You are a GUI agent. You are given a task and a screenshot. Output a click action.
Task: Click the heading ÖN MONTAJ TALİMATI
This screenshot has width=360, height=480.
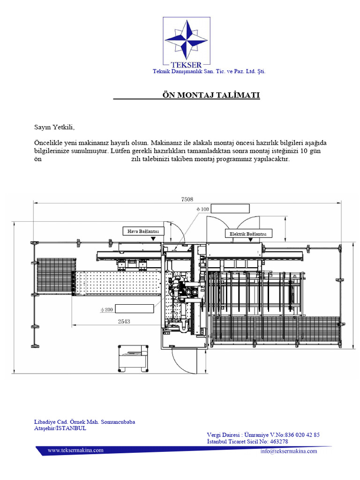click(210, 95)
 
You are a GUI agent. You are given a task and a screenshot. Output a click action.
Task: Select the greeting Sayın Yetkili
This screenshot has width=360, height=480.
click(54, 127)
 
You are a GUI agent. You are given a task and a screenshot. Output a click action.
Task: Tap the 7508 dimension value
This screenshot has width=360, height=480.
click(187, 199)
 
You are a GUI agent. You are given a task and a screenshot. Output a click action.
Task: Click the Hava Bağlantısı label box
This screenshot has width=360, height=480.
click(143, 231)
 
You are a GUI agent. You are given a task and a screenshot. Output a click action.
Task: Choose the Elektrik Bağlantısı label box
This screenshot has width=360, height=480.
click(248, 233)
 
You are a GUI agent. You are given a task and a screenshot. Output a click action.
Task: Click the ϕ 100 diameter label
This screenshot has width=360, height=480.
click(202, 209)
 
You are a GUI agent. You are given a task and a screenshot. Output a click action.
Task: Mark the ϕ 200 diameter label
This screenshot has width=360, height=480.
click(107, 309)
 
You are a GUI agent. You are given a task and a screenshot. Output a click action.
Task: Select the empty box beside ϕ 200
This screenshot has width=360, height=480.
click(135, 308)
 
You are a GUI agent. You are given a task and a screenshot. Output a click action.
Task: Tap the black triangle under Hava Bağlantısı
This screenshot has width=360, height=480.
click(153, 239)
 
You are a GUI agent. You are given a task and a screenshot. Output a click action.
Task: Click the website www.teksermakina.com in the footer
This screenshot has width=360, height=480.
click(75, 450)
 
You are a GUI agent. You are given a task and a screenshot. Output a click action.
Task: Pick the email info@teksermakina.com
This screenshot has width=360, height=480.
click(288, 451)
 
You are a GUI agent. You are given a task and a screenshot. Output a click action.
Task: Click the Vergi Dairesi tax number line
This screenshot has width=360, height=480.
click(263, 435)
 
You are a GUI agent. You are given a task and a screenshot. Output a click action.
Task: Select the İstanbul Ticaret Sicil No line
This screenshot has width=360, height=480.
click(247, 442)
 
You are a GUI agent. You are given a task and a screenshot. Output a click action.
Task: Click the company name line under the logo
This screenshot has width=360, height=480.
click(210, 71)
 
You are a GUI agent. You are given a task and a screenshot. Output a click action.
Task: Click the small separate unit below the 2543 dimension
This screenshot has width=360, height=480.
click(133, 358)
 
